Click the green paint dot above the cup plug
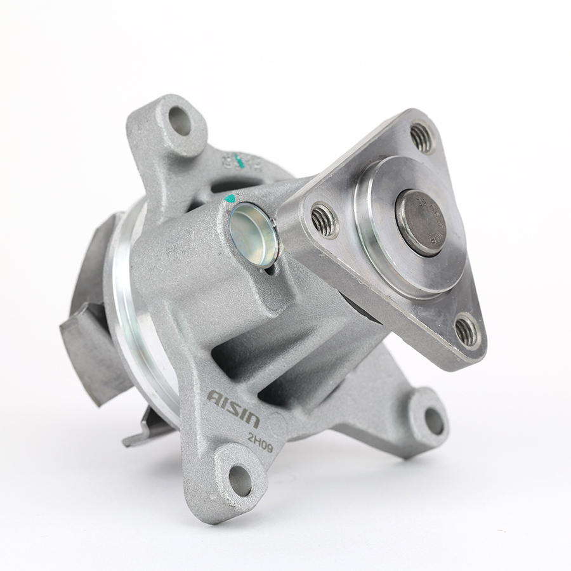coord(230,199)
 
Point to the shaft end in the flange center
coord(421,223)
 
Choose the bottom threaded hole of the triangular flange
coord(467,331)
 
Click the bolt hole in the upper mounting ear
coord(180,121)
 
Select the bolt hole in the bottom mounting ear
coord(240,480)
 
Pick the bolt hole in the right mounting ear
coord(434,421)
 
